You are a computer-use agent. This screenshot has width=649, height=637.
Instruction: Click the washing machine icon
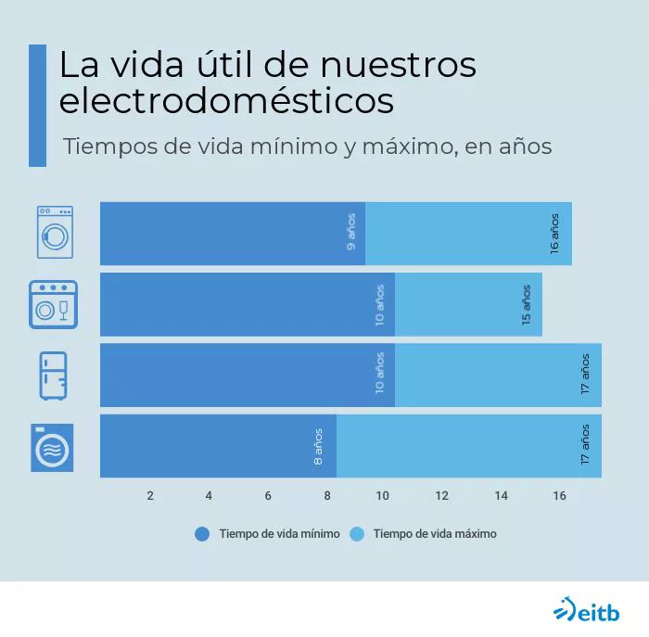pyautogui.click(x=55, y=232)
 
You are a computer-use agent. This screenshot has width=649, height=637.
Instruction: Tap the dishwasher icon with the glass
pyautogui.click(x=53, y=304)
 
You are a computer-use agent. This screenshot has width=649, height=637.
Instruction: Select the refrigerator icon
pyautogui.click(x=53, y=376)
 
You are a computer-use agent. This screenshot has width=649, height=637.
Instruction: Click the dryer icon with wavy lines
pyautogui.click(x=52, y=447)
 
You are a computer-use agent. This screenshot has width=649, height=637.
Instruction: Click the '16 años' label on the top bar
pyautogui.click(x=554, y=234)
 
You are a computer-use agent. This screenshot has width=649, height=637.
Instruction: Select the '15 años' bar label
pyautogui.click(x=526, y=304)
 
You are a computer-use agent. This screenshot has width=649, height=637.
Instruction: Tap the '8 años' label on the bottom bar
pyautogui.click(x=319, y=446)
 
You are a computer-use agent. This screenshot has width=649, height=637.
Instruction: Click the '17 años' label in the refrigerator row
pyautogui.click(x=585, y=375)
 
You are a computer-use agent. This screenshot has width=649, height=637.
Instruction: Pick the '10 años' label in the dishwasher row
pyautogui.click(x=380, y=304)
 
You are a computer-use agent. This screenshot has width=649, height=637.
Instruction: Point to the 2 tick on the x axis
pyautogui.click(x=150, y=496)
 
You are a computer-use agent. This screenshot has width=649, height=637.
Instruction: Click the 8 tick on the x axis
pyautogui.click(x=327, y=496)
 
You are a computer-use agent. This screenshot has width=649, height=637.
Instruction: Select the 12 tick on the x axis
pyautogui.click(x=441, y=496)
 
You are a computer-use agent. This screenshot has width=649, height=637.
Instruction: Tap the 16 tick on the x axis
pyautogui.click(x=559, y=496)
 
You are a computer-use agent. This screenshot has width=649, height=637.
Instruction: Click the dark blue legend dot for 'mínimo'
pyautogui.click(x=201, y=534)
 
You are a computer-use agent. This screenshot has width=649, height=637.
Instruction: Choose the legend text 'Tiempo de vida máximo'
pyautogui.click(x=435, y=534)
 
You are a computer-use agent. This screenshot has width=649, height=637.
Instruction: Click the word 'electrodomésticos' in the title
pyautogui.click(x=226, y=100)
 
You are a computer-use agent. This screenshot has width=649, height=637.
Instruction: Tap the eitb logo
pyautogui.click(x=586, y=611)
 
